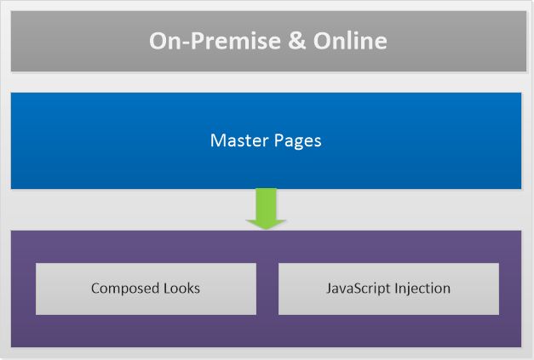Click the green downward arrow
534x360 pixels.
click(267, 207)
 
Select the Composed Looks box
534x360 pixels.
click(146, 289)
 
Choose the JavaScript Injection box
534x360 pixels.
click(388, 289)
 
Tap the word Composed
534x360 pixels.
click(123, 289)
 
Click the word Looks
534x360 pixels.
click(181, 289)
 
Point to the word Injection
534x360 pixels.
click(422, 289)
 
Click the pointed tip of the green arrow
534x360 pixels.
click(267, 227)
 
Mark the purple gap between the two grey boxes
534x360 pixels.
click(267, 289)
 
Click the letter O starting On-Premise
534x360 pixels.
click(158, 40)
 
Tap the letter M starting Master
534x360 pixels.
click(216, 140)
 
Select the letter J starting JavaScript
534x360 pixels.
click(329, 289)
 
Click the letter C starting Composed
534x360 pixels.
click(95, 289)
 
